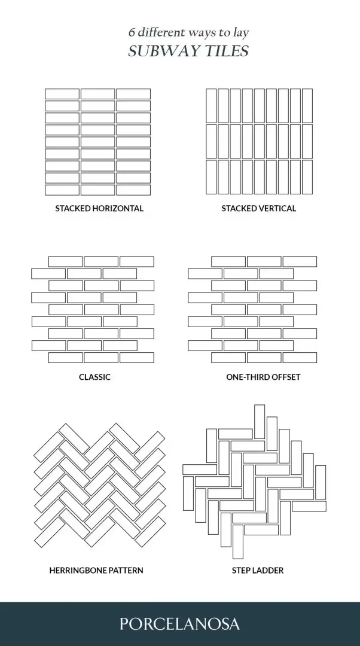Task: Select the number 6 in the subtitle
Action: coord(132,32)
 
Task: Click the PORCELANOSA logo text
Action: coord(179,623)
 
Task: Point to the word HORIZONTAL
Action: coord(118,208)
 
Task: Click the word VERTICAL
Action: coord(277,208)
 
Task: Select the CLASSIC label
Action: coord(94,377)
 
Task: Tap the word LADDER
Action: coord(267,570)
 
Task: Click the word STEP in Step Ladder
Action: coord(240,570)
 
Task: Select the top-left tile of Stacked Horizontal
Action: coord(62,94)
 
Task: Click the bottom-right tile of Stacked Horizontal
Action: coord(133,190)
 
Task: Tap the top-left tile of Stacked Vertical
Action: coord(211,106)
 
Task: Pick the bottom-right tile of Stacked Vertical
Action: coord(307,176)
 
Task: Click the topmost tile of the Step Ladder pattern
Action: coord(260,422)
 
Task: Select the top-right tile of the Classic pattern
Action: coord(137,261)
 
